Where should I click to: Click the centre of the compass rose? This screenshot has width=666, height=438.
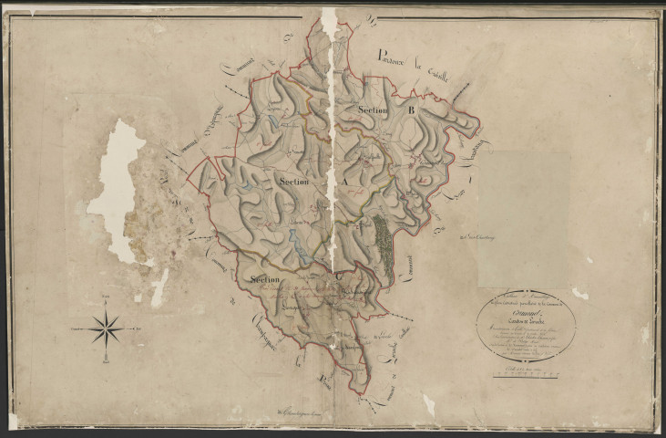[108, 325]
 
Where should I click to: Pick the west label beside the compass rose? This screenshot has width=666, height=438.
[75, 326]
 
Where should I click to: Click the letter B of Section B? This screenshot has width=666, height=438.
[411, 110]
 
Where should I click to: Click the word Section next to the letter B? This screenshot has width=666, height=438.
[374, 110]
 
